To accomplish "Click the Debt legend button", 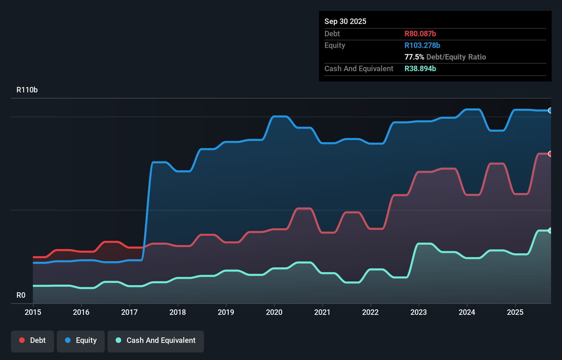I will (33, 341).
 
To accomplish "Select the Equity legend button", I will (81, 341).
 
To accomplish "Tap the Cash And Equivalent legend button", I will (156, 341).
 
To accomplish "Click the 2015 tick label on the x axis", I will (33, 312).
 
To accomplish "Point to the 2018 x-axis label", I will (178, 312).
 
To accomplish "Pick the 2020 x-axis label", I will (274, 312).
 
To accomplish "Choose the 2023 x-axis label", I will (419, 312).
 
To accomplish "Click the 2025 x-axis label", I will (515, 312).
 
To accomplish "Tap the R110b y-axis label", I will (27, 90).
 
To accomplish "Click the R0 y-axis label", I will (21, 295).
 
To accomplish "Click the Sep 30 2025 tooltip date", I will (345, 21).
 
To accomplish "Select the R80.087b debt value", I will (420, 34).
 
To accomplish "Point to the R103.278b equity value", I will (422, 45).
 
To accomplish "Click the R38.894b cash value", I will (420, 68).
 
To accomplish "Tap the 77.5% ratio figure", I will (414, 57).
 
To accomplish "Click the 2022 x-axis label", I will (370, 312).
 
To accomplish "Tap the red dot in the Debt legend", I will (22, 340).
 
